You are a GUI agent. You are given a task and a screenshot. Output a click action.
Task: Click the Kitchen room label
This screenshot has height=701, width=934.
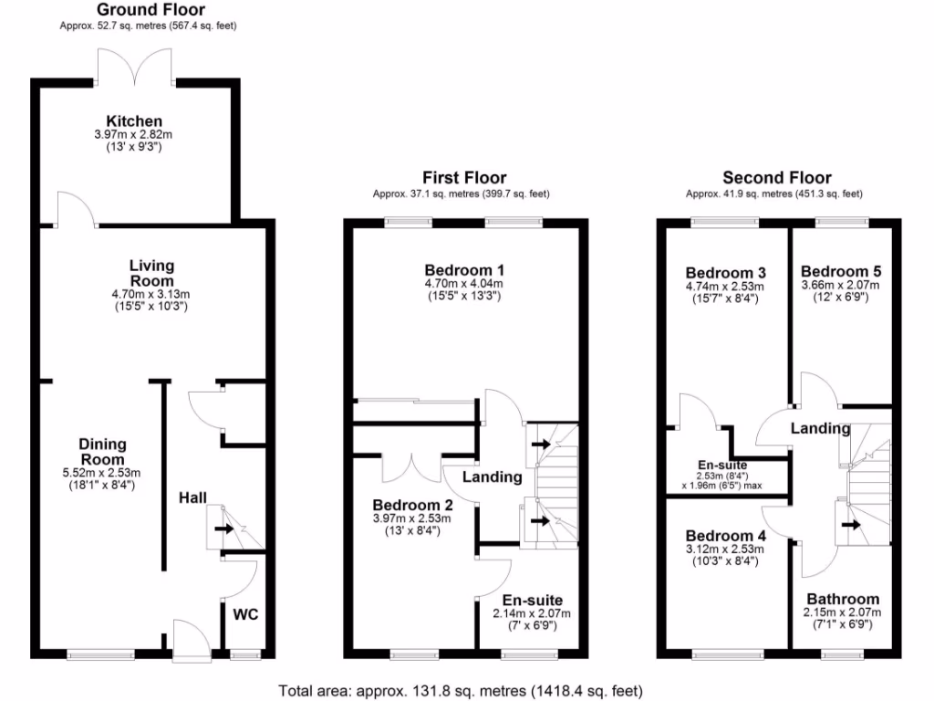(x=134, y=121)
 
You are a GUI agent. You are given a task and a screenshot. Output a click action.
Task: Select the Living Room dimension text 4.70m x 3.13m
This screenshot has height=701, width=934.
(x=150, y=295)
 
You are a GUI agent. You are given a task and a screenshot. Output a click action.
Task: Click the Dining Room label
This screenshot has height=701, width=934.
(x=102, y=452)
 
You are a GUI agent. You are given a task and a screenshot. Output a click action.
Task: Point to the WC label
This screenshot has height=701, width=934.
(x=246, y=614)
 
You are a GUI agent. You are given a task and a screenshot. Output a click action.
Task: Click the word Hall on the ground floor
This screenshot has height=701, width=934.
(x=192, y=497)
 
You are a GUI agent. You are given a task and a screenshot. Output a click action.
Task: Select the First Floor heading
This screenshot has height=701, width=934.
(x=463, y=178)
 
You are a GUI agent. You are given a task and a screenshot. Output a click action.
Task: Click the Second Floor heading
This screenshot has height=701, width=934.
(x=776, y=178)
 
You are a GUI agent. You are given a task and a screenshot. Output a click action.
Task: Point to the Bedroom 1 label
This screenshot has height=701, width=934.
(x=464, y=270)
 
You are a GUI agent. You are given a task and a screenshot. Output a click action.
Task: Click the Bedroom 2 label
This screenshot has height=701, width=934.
(x=411, y=505)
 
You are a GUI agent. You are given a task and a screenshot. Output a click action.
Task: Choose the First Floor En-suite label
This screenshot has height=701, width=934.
(x=532, y=600)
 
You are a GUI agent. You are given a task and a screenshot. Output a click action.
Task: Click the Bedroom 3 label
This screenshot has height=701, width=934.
(x=725, y=273)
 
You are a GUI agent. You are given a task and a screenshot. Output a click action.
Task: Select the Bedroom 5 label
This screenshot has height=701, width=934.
(x=840, y=272)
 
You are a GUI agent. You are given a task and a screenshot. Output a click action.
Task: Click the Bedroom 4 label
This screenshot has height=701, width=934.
(x=725, y=535)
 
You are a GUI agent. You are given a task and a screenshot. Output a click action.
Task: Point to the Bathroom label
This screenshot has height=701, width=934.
(x=842, y=599)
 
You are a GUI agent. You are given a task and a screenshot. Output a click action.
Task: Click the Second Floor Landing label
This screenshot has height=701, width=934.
(x=820, y=428)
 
